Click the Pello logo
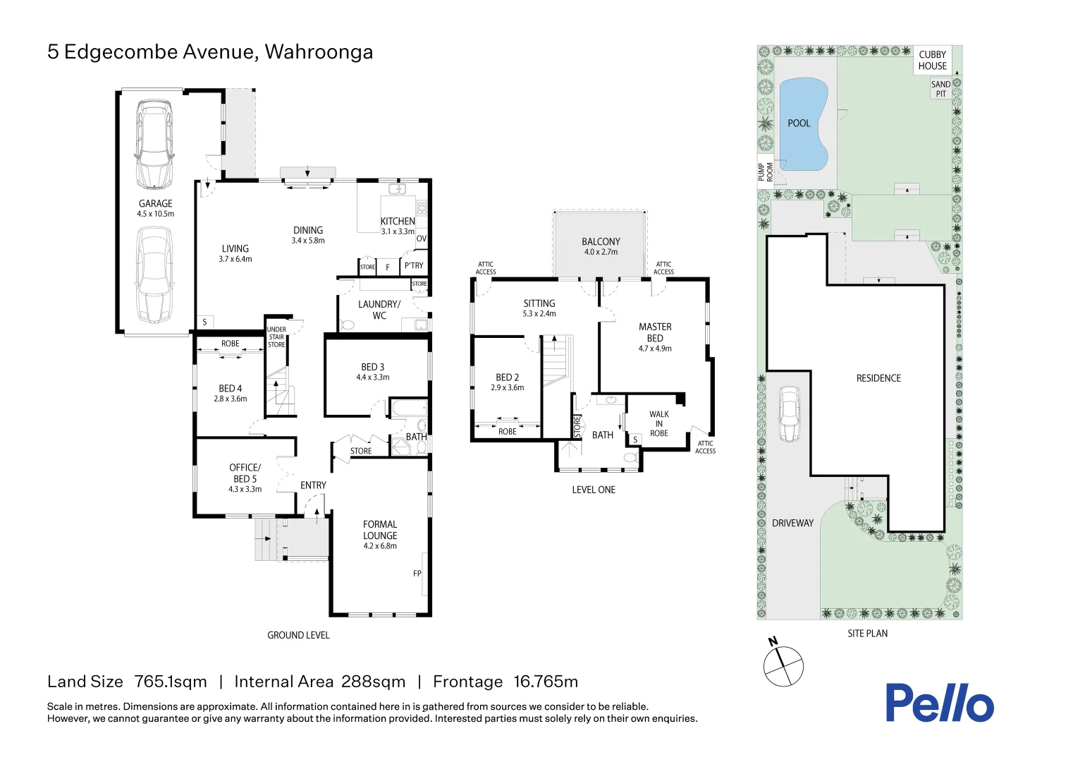(939, 703)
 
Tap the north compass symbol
(783, 665)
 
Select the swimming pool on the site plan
(803, 124)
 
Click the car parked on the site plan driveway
(790, 414)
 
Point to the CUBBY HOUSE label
(932, 60)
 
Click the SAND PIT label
(940, 89)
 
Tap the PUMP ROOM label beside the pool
(765, 171)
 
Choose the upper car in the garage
(154, 143)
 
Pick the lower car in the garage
(154, 274)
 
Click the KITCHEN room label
(398, 221)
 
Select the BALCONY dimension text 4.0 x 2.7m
(601, 252)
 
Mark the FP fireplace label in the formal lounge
(417, 574)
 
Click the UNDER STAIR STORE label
(276, 337)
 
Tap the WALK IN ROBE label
(659, 424)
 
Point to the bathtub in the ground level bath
(407, 409)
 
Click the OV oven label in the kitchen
(421, 238)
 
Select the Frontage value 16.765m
(546, 682)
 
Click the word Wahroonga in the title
(319, 52)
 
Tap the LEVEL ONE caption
(594, 490)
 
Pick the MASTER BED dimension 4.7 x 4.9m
(655, 349)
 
